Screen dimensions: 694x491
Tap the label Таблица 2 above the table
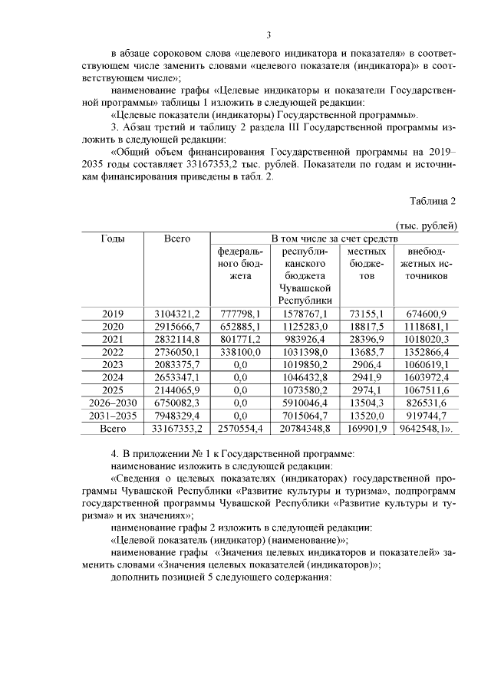[432, 202]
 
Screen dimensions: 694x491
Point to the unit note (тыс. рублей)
[427, 226]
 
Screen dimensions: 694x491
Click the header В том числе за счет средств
[334, 239]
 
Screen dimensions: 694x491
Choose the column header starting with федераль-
[240, 264]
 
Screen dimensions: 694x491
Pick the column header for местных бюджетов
[367, 264]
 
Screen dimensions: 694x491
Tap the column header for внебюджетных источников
[427, 264]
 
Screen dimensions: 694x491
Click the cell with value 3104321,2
[176, 314]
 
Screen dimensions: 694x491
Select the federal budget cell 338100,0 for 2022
[240, 351]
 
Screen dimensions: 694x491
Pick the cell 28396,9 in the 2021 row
[367, 339]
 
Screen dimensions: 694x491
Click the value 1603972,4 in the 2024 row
[427, 377]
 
